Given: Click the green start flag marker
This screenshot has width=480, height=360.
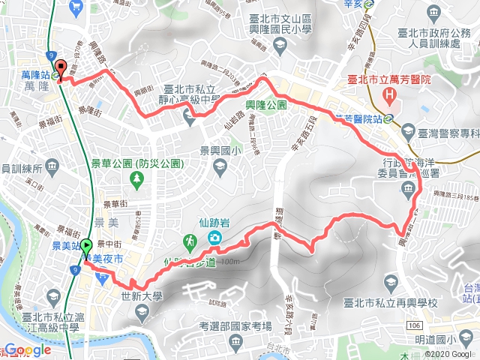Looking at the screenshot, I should [x=86, y=245].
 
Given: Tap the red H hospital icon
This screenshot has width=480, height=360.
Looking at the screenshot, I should [x=389, y=95].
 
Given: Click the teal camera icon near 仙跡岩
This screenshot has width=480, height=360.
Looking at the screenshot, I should [x=215, y=239].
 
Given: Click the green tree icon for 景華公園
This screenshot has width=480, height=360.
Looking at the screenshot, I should [x=137, y=178].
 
